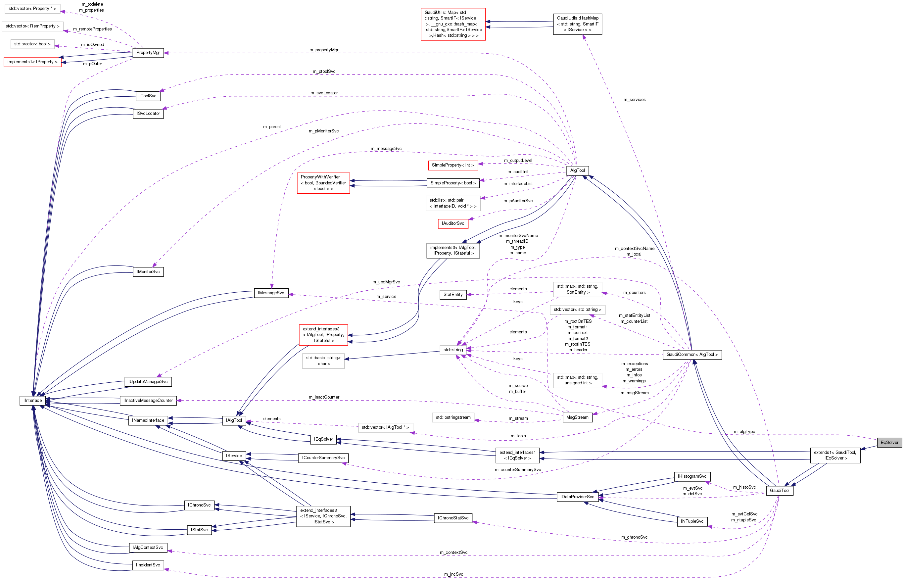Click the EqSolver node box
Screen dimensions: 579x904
(x=889, y=442)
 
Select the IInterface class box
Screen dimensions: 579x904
(x=33, y=401)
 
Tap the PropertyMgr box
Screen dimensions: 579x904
(x=148, y=53)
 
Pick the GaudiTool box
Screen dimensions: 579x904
(x=780, y=490)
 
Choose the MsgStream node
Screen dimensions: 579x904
(x=577, y=417)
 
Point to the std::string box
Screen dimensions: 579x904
(x=453, y=350)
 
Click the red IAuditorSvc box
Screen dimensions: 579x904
(x=453, y=223)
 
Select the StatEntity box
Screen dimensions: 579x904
(x=453, y=294)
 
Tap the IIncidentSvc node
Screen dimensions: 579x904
(x=148, y=565)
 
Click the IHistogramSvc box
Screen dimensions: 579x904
(x=692, y=476)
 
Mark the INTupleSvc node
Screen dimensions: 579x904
(x=692, y=521)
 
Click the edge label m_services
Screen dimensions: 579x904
(x=635, y=100)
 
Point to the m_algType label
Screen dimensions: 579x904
(x=744, y=432)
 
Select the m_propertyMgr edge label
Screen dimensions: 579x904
(x=324, y=50)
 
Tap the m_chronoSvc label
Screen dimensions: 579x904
(x=634, y=537)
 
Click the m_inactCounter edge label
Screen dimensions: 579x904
(x=324, y=397)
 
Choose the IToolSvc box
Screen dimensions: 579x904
(x=148, y=96)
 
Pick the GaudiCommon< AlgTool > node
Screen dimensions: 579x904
(x=692, y=355)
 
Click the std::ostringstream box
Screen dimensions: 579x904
(x=453, y=417)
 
